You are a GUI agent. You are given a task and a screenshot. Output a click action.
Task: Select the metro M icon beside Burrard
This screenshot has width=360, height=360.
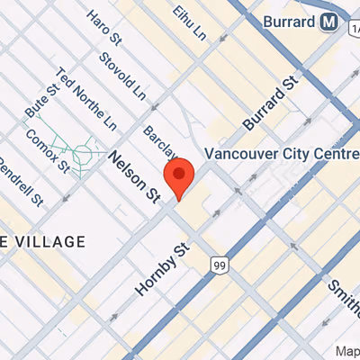click(331, 21)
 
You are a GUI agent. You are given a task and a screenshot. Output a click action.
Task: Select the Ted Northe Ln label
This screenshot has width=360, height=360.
click(85, 97)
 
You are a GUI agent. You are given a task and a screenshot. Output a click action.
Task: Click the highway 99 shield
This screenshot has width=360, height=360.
click(219, 264)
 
